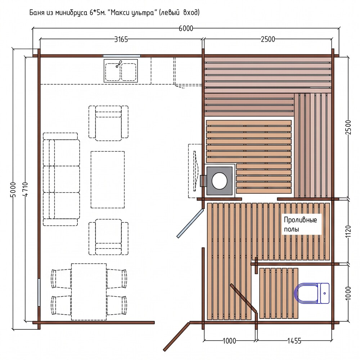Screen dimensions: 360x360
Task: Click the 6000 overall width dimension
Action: [x=186, y=28]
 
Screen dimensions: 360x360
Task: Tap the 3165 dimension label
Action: [x=121, y=40]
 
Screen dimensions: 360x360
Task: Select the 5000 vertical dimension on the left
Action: [x=13, y=190]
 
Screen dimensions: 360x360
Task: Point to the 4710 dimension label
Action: [x=25, y=189]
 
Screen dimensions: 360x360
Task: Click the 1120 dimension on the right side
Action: [x=348, y=231]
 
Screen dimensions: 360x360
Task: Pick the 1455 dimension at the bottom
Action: [x=294, y=341]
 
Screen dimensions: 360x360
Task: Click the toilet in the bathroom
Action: [x=312, y=293]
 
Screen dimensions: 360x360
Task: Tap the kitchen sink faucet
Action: [x=118, y=64]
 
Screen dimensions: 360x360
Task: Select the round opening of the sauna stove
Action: [x=219, y=181]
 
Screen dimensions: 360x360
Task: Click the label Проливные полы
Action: [x=300, y=224]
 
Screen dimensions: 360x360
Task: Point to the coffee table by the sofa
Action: [x=107, y=180]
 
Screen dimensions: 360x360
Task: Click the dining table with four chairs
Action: [x=89, y=292]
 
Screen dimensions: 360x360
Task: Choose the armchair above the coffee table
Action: [x=108, y=123]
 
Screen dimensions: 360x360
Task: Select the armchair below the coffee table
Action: [x=108, y=237]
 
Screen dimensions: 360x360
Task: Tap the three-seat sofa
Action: [x=61, y=179]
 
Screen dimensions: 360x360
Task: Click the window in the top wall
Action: [x=121, y=56]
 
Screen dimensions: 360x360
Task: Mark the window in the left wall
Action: [x=39, y=292]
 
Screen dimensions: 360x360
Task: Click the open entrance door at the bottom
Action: [x=176, y=337]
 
